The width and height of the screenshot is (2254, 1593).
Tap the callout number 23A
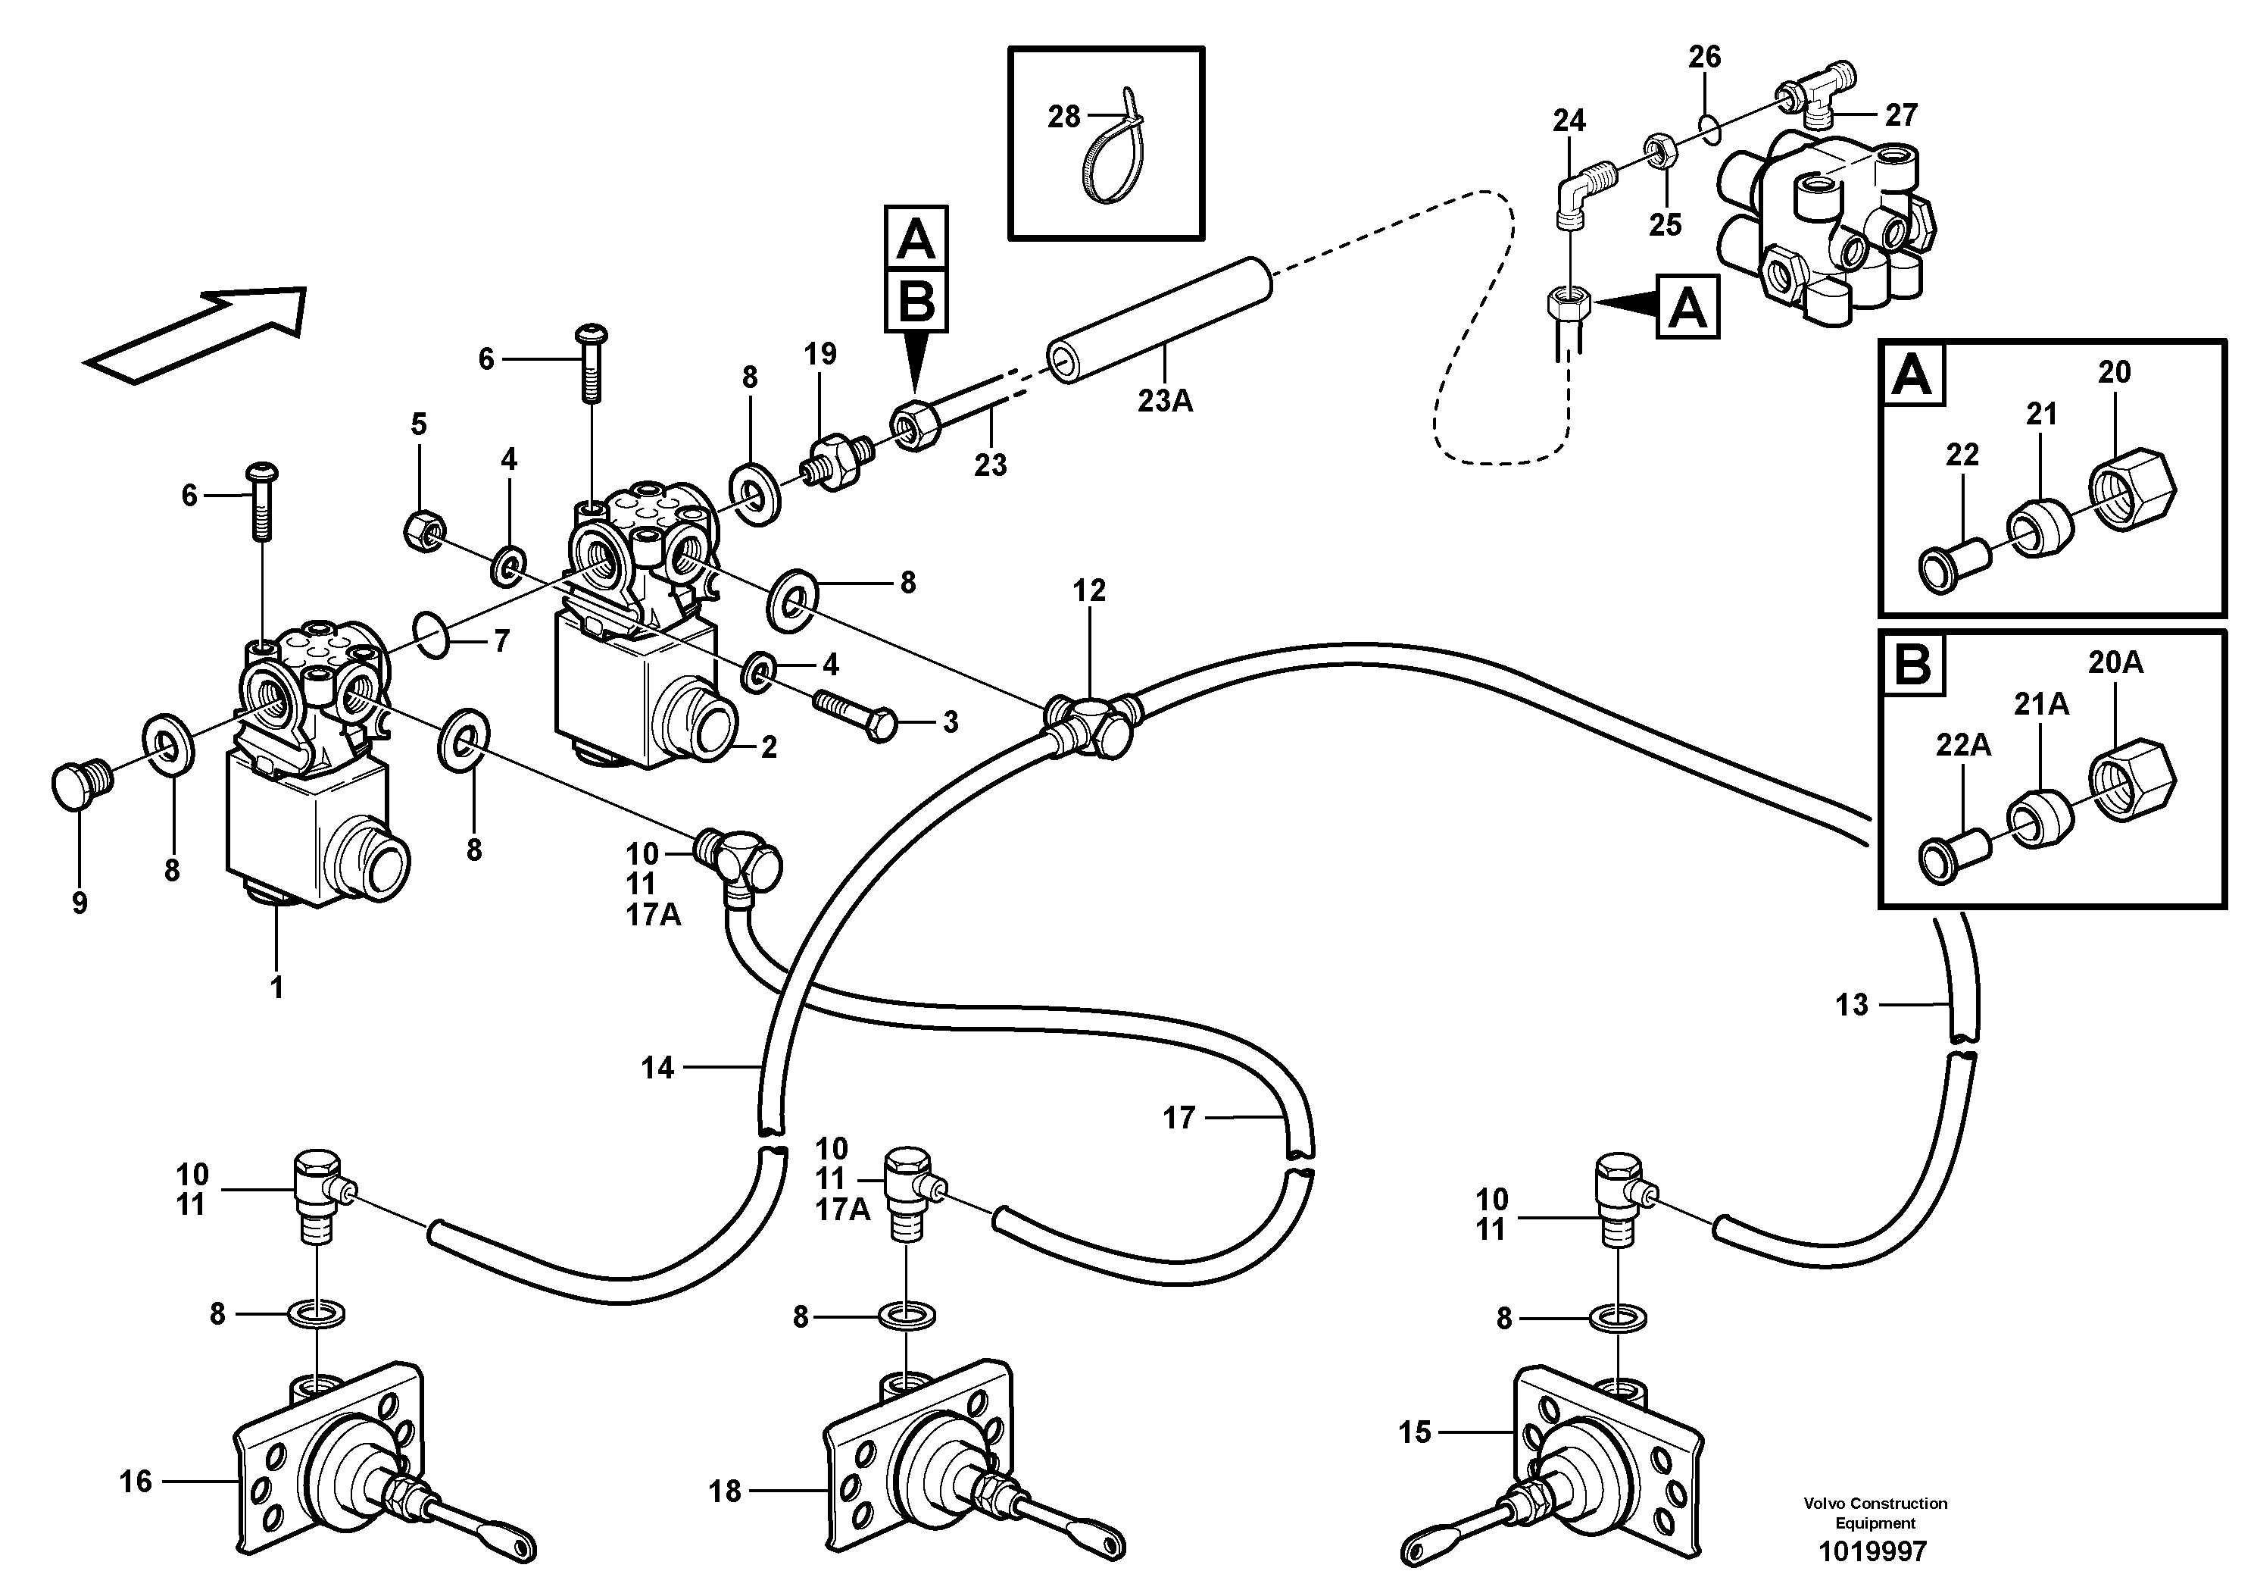pyautogui.click(x=1166, y=401)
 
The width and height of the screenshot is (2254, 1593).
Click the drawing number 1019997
pyautogui.click(x=1873, y=1552)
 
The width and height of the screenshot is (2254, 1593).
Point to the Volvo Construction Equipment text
pyautogui.click(x=1875, y=1513)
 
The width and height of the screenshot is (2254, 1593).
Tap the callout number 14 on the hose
pyautogui.click(x=657, y=1068)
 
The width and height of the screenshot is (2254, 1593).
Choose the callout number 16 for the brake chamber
pyautogui.click(x=136, y=1481)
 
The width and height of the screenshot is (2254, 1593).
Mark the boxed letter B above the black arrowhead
pyautogui.click(x=915, y=302)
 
